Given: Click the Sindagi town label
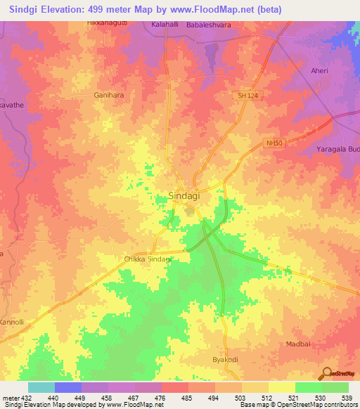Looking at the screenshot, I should [x=188, y=197].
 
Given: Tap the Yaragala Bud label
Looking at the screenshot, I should [x=338, y=150].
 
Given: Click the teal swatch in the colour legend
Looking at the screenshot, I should [x=41, y=387].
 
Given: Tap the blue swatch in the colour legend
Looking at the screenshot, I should [x=68, y=387].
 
